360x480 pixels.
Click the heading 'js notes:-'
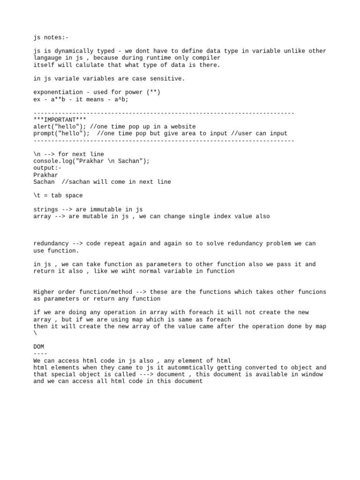[x=51, y=37]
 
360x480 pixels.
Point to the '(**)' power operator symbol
[x=153, y=92]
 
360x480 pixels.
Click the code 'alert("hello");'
[x=60, y=127]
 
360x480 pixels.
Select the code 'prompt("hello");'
[x=61, y=134]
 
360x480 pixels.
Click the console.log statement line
[x=91, y=161]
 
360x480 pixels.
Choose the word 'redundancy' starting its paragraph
[x=51, y=244]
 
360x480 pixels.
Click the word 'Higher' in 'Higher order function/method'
[x=44, y=292]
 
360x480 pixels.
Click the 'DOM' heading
[x=38, y=347]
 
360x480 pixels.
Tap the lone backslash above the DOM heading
[x=35, y=333]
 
